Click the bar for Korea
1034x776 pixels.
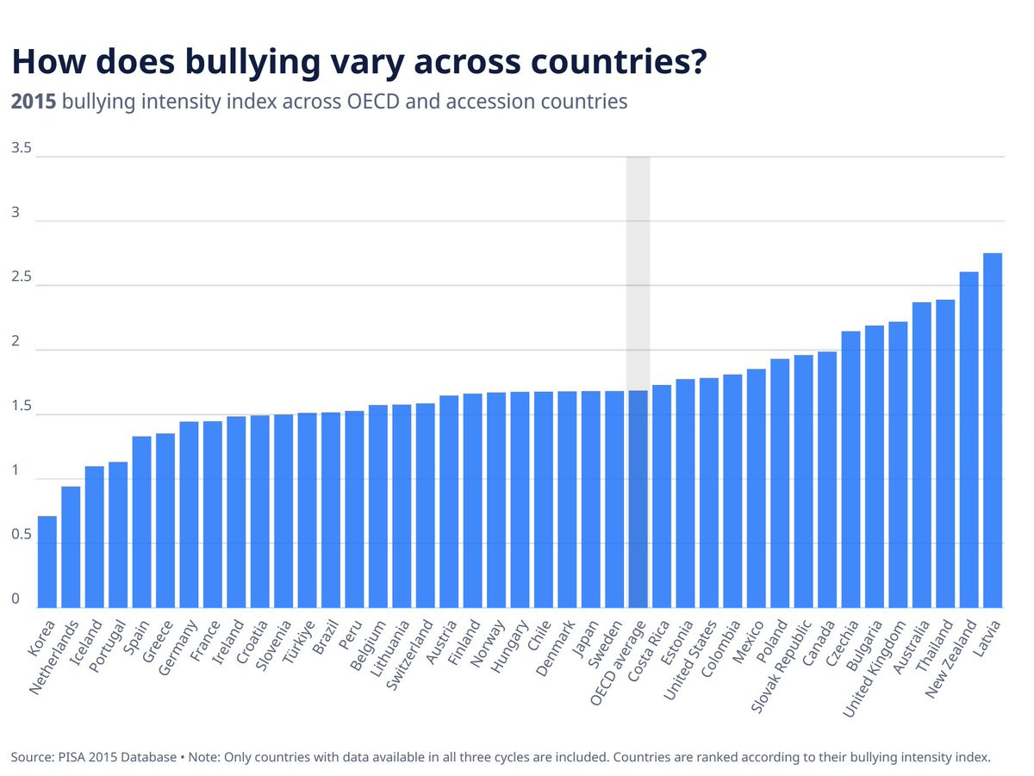(x=47, y=562)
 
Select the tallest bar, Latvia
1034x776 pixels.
(x=992, y=431)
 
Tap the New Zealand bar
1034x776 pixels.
(x=969, y=440)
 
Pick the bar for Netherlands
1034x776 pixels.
(x=71, y=547)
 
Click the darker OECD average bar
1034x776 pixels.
(x=638, y=500)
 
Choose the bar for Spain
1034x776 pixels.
(x=142, y=522)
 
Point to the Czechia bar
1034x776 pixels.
(x=850, y=469)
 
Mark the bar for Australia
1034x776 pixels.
(x=921, y=455)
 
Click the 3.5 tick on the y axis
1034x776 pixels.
(x=22, y=148)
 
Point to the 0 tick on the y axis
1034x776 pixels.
(x=16, y=599)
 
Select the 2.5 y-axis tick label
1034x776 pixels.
(x=22, y=276)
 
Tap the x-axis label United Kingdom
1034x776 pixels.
(x=873, y=668)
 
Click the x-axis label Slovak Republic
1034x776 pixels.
(x=781, y=666)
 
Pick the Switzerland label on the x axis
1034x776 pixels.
(x=409, y=655)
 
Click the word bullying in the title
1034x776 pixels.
(x=252, y=62)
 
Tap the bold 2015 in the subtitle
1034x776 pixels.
(x=34, y=102)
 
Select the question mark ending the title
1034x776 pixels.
(x=698, y=60)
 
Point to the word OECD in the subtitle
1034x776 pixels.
(x=373, y=102)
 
